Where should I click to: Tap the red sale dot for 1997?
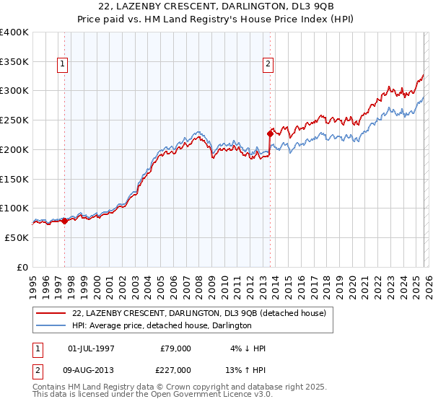64,221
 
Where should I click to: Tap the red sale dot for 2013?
270,133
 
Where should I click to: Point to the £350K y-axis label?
14,62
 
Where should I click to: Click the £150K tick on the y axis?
14,179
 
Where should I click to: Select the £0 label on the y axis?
23,267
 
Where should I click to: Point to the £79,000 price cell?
175,348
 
